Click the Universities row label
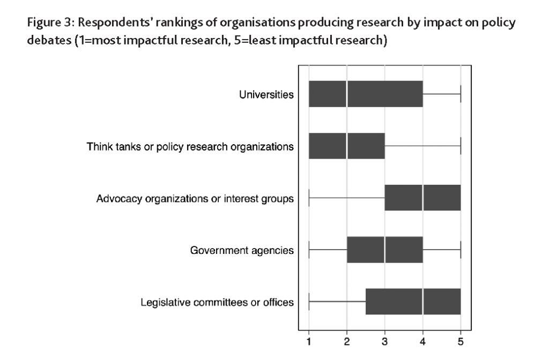click(x=266, y=95)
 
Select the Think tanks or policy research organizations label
click(x=190, y=147)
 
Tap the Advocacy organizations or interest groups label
click(x=195, y=199)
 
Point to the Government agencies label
click(x=242, y=250)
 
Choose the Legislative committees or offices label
click(x=217, y=302)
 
